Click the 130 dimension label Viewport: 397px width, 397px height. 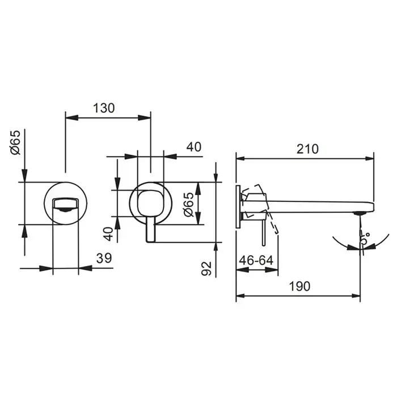tap(104, 108)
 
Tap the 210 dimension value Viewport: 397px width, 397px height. tap(307, 149)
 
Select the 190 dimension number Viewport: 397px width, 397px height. tap(299, 286)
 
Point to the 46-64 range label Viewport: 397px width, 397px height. tap(256, 260)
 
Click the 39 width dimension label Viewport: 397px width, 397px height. tap(104, 258)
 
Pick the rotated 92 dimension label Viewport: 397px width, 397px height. tap(206, 268)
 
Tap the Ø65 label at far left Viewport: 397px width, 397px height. tap(15, 142)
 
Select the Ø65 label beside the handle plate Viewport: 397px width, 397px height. tap(189, 205)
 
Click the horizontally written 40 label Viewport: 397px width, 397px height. tap(194, 147)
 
